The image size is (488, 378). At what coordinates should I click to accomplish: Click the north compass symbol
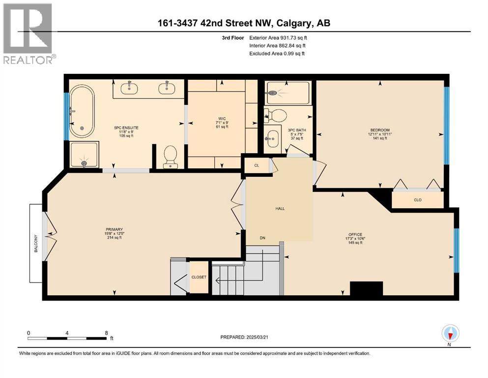[450, 334]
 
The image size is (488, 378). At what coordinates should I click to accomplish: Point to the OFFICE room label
[355, 234]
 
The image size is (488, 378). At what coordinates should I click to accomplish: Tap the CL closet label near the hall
[257, 166]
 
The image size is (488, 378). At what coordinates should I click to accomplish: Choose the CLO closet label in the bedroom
[417, 200]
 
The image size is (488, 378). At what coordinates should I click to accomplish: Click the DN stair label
[263, 238]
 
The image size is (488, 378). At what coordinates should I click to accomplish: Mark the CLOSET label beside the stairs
[199, 277]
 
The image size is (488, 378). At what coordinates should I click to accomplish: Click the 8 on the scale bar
[106, 333]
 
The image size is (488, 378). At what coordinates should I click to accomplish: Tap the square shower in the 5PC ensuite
[84, 154]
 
